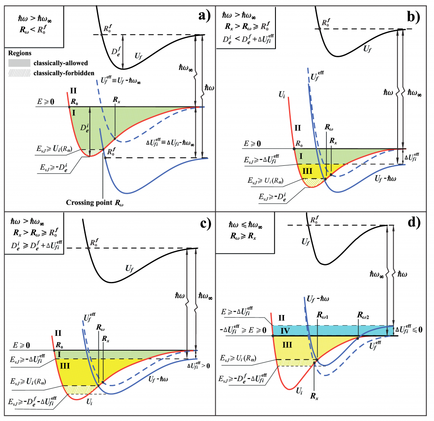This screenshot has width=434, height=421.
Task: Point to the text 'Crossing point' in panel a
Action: pos(86,203)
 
